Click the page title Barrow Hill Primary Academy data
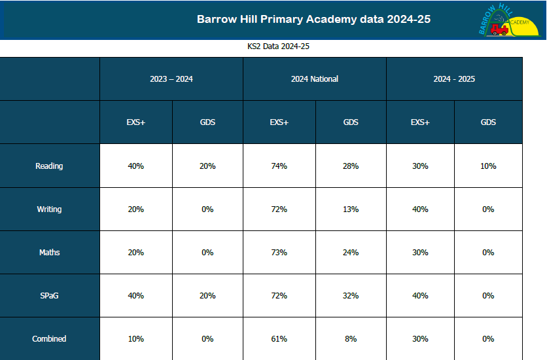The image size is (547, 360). click(x=313, y=19)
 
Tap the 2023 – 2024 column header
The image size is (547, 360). click(x=171, y=79)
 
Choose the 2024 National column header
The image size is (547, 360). click(x=315, y=79)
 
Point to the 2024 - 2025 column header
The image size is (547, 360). click(x=454, y=79)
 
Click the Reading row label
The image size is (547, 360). click(x=49, y=166)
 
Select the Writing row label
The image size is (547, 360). click(x=49, y=209)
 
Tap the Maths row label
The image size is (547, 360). click(x=49, y=253)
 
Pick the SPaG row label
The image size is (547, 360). click(x=49, y=296)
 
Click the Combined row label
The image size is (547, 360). click(x=49, y=339)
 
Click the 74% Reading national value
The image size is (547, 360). click(x=279, y=166)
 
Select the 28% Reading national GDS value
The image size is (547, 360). click(x=351, y=166)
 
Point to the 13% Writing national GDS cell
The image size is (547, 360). click(x=351, y=209)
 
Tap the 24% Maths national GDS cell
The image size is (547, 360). click(x=351, y=253)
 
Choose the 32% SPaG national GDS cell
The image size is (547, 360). click(x=351, y=296)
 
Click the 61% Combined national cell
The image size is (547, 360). click(x=279, y=339)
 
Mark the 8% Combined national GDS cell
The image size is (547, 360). click(x=351, y=339)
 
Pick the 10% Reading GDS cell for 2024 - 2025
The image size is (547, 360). click(x=488, y=166)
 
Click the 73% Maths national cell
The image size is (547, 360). click(x=279, y=253)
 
